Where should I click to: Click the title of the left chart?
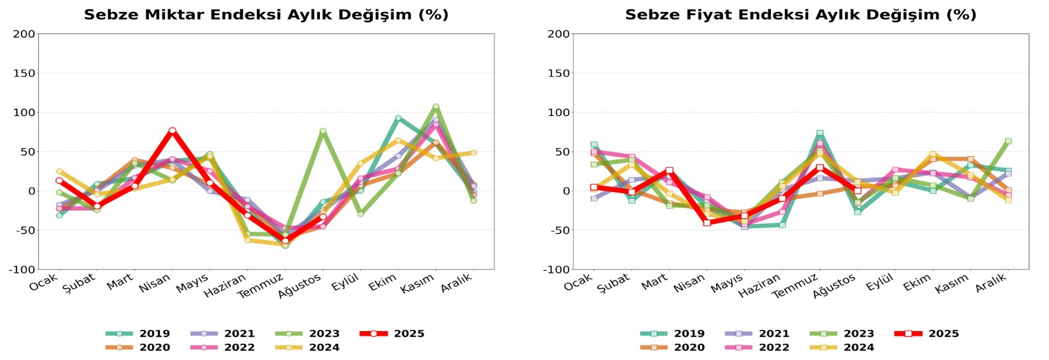(x=266, y=14)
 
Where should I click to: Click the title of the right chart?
(x=801, y=14)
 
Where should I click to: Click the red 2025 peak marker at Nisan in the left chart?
(x=172, y=130)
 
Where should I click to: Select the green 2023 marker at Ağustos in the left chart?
(x=323, y=131)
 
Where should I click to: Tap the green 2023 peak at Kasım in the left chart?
(x=436, y=106)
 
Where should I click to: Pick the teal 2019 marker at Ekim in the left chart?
(x=398, y=118)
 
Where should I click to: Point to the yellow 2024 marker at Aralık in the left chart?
(x=473, y=153)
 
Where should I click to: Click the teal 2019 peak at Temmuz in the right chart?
(x=820, y=132)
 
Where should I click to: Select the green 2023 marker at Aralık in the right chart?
(x=1008, y=141)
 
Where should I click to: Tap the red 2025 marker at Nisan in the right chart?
(x=707, y=223)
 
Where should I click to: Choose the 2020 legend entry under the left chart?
(x=138, y=348)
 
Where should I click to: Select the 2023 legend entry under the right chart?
(x=842, y=334)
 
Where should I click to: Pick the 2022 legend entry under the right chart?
(x=757, y=348)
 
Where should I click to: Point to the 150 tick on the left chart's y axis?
(x=24, y=73)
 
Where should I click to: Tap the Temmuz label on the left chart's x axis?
(x=260, y=287)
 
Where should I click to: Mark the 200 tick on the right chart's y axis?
(x=559, y=34)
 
